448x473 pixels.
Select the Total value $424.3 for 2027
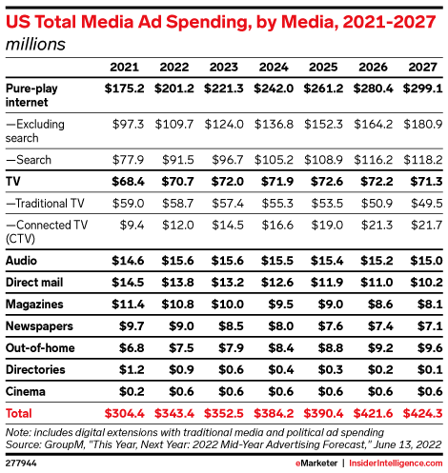(420, 414)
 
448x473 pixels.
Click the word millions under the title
(37, 43)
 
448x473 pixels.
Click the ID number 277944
(23, 463)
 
